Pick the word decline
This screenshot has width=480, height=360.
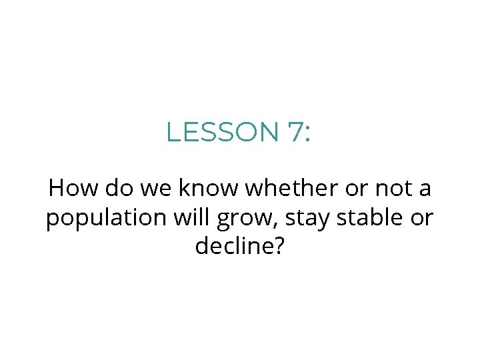[233, 247]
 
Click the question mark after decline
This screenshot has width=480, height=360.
[279, 247]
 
